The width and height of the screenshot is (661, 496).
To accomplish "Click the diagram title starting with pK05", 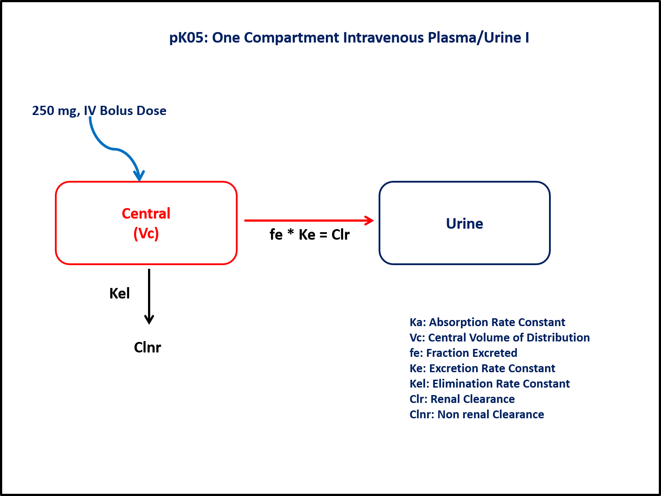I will click(349, 38).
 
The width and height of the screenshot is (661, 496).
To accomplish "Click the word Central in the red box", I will click(146, 213).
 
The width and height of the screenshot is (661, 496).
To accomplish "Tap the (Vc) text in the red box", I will click(146, 234).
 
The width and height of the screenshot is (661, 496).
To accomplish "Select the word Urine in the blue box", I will click(464, 223).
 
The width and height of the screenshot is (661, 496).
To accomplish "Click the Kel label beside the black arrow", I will click(119, 293).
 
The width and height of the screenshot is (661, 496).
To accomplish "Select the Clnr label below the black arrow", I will click(148, 348).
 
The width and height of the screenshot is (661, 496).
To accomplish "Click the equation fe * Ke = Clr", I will click(309, 235).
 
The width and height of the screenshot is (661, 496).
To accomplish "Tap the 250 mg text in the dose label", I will click(55, 111).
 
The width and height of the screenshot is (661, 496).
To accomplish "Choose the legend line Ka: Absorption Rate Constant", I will click(487, 322).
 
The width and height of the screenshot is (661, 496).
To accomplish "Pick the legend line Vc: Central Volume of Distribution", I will click(499, 338).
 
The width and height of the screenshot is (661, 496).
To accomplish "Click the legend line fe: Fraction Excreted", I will click(463, 353).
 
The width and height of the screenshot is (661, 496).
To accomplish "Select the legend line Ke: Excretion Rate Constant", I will click(482, 368).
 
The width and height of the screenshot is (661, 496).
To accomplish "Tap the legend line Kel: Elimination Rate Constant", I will click(489, 384).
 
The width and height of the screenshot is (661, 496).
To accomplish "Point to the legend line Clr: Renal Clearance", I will click(462, 399).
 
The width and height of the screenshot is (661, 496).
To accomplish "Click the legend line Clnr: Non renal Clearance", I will click(477, 414).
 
